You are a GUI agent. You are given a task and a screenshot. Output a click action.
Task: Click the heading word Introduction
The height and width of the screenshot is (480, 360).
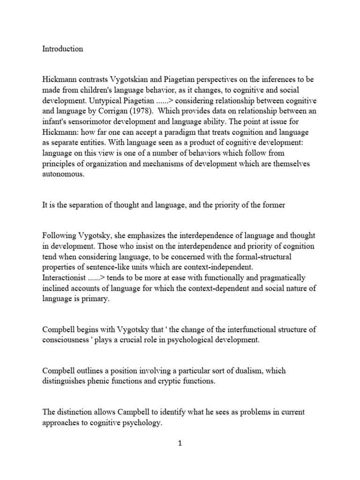62,49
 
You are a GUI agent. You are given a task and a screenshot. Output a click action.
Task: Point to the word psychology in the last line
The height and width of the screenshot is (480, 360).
141,422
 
